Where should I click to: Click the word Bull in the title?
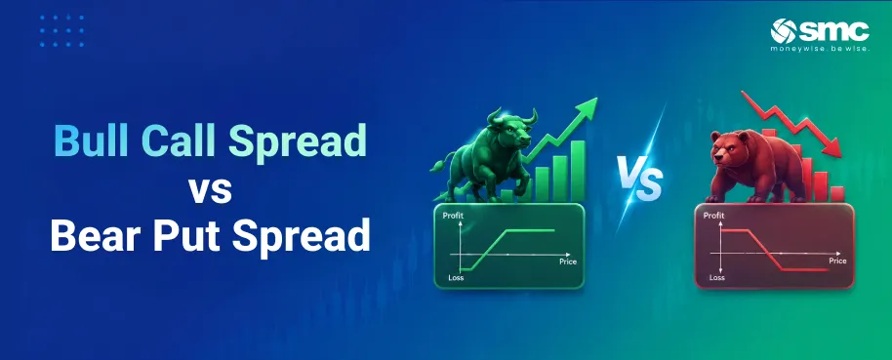(x=90, y=140)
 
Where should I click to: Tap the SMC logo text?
(x=834, y=30)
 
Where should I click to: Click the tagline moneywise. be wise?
(x=821, y=49)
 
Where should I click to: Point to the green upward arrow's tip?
(x=596, y=99)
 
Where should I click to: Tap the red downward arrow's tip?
(x=839, y=156)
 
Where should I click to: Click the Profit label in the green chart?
(x=453, y=217)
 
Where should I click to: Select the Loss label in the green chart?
(x=456, y=278)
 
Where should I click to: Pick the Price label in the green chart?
(x=568, y=261)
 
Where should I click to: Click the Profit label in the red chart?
(x=714, y=216)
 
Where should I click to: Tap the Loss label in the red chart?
(x=716, y=277)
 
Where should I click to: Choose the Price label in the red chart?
(x=837, y=260)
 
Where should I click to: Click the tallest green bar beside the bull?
(x=578, y=171)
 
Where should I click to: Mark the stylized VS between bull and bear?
(x=640, y=177)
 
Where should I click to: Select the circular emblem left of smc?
(x=784, y=31)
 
